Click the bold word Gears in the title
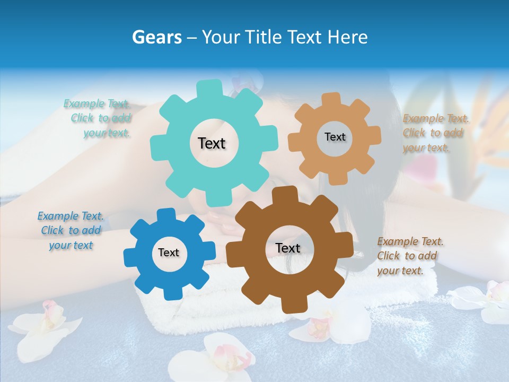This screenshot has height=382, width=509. [156, 37]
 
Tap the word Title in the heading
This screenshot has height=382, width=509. [265, 37]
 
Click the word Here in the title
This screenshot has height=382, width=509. [348, 37]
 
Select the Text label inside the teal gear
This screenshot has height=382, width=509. [212, 143]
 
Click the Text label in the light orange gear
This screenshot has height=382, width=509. [335, 137]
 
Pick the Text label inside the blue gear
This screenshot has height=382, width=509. [169, 253]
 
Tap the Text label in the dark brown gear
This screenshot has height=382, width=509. [287, 248]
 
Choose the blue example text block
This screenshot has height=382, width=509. [71, 230]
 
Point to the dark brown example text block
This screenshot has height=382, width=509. [409, 256]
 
